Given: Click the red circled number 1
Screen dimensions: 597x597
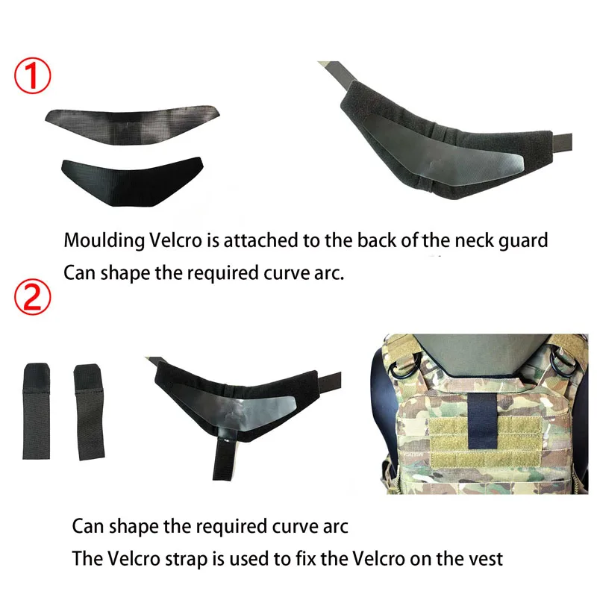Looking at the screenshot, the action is [32, 76].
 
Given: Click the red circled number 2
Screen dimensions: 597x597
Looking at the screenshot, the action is [32, 298].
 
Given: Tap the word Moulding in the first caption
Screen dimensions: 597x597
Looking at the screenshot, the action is [104, 241].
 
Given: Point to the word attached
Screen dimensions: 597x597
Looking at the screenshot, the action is [260, 240].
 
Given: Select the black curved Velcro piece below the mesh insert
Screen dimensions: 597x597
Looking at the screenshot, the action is [132, 181].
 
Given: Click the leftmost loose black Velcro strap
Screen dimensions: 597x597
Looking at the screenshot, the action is [37, 411].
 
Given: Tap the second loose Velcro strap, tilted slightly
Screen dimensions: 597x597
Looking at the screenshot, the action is [89, 413].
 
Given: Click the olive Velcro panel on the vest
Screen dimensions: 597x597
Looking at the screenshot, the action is [487, 443].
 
